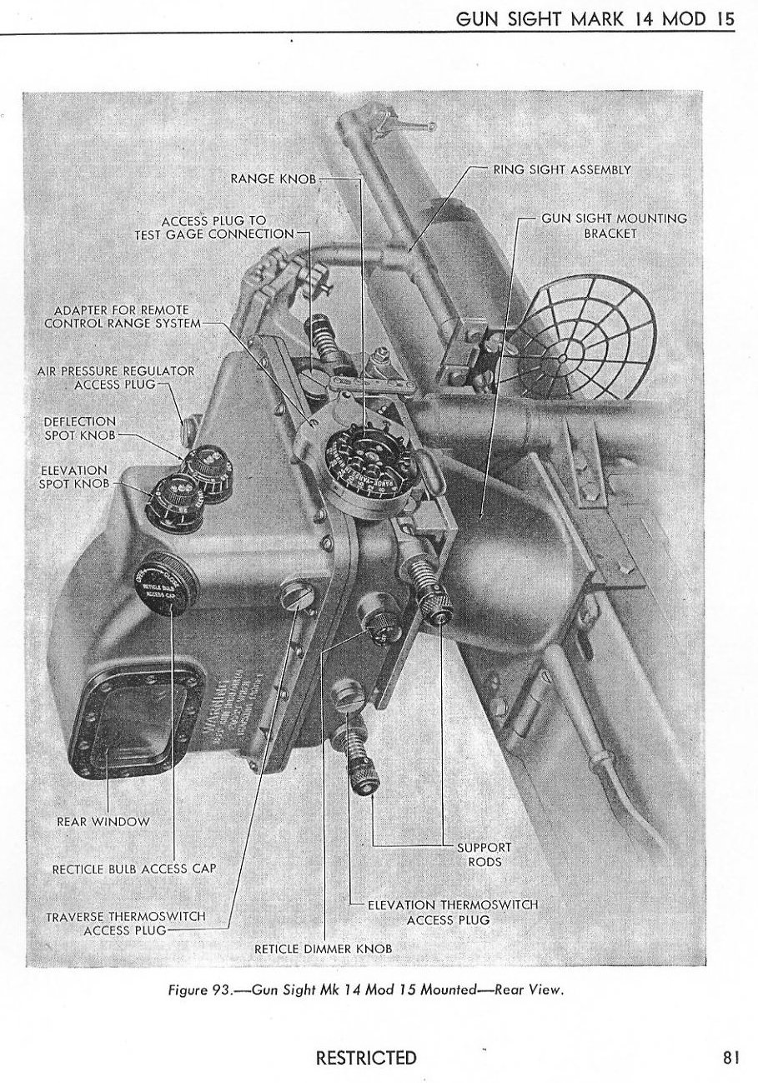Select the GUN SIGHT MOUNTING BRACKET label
coord(614,225)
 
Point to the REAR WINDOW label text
coord(103,821)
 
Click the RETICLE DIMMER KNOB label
coord(323,949)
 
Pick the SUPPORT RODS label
coord(484,854)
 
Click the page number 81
coord(731,1059)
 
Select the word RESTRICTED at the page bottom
coord(366,1059)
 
